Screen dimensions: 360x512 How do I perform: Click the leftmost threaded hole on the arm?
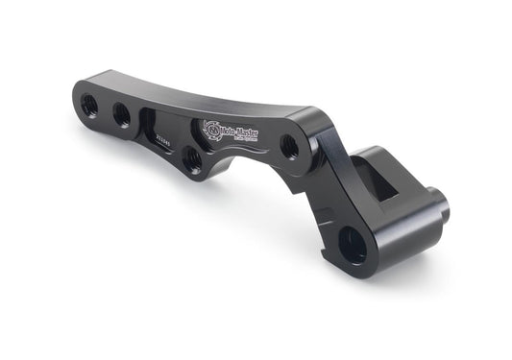point(89,100)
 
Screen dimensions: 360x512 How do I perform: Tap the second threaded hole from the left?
point(121,114)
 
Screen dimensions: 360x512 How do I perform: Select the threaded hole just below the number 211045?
point(193,160)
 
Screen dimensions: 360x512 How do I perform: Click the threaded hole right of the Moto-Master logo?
point(288,147)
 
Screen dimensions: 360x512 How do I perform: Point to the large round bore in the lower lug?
point(354,246)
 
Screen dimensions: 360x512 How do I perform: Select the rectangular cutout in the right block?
point(383,180)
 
